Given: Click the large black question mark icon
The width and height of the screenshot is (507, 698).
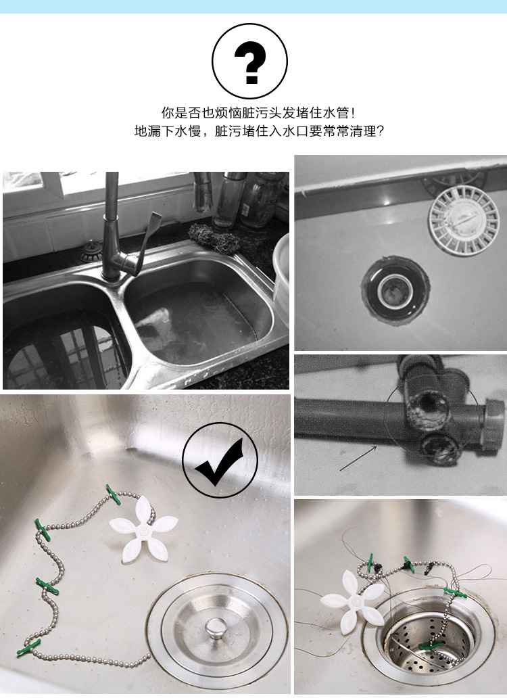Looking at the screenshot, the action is tap(249, 62).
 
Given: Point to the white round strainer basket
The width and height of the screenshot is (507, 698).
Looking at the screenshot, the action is tap(464, 220).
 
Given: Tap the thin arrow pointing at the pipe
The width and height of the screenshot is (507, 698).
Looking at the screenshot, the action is tap(359, 458).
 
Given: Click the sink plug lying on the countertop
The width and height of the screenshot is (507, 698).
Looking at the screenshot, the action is tap(91, 252).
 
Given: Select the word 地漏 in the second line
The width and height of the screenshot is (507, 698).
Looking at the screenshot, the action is tap(147, 131).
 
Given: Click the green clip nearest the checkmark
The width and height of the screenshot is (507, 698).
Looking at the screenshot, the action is tap(113, 494).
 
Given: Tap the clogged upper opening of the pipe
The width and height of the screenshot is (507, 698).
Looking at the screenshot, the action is tap(428, 406).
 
